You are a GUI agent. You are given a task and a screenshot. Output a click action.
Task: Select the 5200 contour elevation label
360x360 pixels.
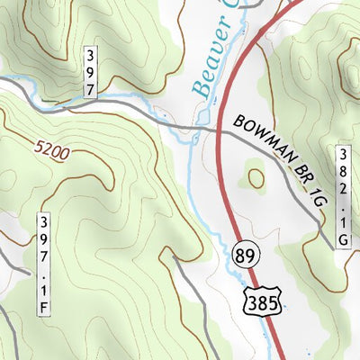click(53, 148)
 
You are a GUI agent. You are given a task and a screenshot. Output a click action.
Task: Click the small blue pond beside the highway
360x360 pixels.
click(202, 118)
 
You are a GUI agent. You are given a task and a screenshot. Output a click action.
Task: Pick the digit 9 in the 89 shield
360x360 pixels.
click(248, 256)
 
